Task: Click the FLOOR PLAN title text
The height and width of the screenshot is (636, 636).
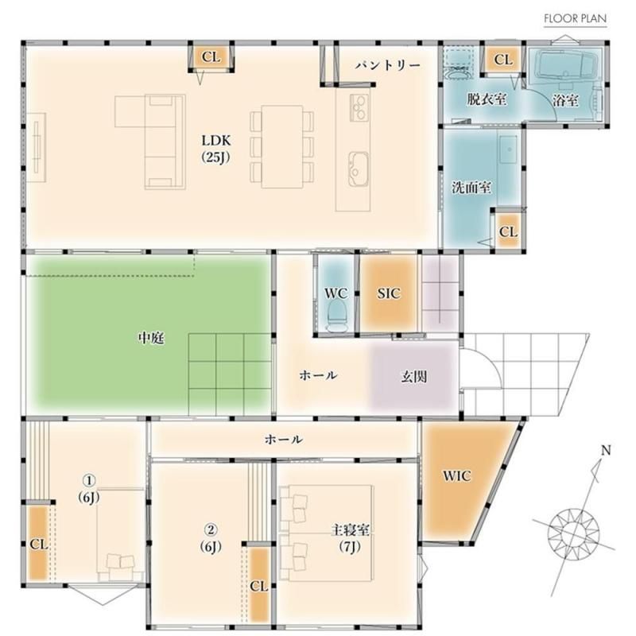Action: (x=575, y=18)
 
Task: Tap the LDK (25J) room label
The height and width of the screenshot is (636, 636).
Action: (x=216, y=149)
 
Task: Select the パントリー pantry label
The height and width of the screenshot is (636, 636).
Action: (x=388, y=65)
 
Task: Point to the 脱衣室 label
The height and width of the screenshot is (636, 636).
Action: (x=487, y=99)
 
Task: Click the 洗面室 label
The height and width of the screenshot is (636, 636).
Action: (x=471, y=188)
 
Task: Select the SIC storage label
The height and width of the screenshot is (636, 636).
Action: (x=389, y=293)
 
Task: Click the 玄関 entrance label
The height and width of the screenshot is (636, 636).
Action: (x=413, y=377)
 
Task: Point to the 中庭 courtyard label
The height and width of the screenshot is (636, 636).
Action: (x=152, y=337)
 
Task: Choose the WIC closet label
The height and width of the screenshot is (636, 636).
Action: (x=456, y=475)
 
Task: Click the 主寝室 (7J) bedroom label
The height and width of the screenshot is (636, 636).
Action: (x=350, y=538)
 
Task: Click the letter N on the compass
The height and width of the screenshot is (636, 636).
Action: (x=606, y=450)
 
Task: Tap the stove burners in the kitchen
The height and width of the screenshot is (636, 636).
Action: (x=359, y=107)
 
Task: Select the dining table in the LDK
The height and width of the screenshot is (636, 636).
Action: (x=282, y=147)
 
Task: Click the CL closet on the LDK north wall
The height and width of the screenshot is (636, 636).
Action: (x=211, y=57)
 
